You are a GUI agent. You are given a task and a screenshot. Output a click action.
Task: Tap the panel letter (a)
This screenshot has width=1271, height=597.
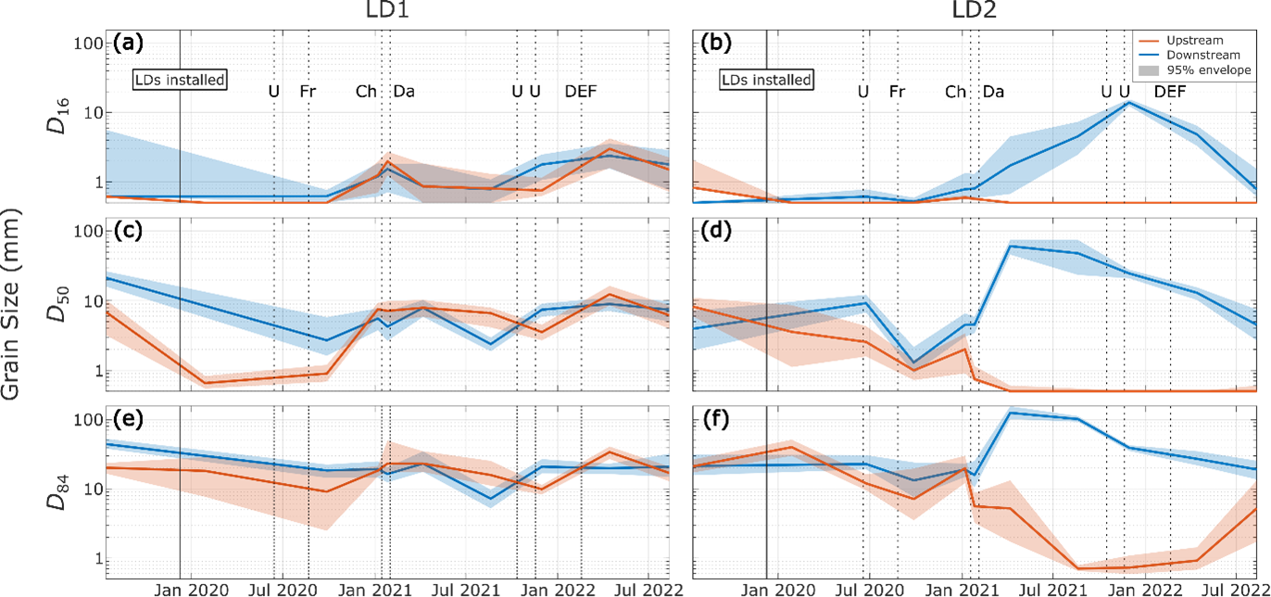[x=127, y=43]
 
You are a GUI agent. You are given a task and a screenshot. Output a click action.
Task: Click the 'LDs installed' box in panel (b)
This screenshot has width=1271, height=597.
[x=766, y=80]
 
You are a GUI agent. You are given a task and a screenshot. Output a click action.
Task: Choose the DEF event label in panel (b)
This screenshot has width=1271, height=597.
[x=1170, y=91]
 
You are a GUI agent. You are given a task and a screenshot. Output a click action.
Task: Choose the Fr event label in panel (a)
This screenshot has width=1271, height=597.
[x=308, y=91]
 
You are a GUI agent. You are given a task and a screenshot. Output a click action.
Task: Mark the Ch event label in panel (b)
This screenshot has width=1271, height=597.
[x=955, y=91]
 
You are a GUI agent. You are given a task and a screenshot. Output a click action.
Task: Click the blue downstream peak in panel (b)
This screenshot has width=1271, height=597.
[x=1127, y=102]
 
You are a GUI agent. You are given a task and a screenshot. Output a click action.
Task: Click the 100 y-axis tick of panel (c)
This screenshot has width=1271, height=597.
[x=88, y=231]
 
